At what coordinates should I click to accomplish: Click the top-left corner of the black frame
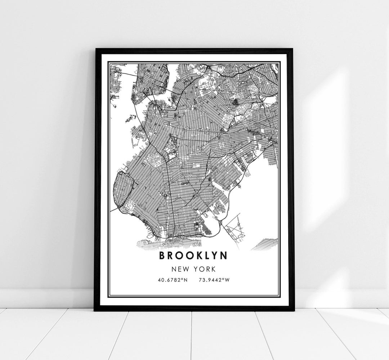pos(95,49)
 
